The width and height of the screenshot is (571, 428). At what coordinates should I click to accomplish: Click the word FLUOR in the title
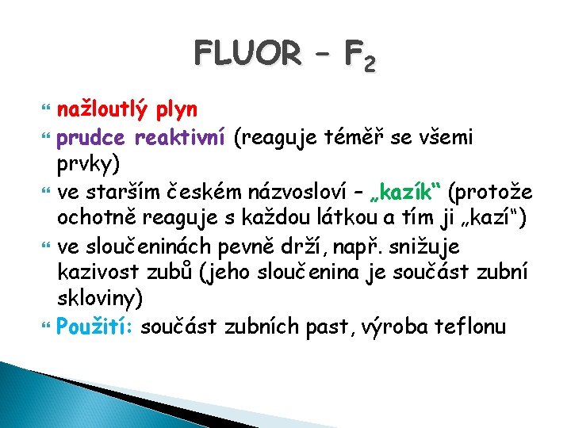pyautogui.click(x=245, y=55)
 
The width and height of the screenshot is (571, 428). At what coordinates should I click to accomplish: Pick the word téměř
pyautogui.click(x=352, y=138)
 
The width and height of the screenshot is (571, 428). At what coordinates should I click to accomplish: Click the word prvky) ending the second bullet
pyautogui.click(x=88, y=165)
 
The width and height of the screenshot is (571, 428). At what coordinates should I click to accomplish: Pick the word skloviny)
pyautogui.click(x=99, y=300)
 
